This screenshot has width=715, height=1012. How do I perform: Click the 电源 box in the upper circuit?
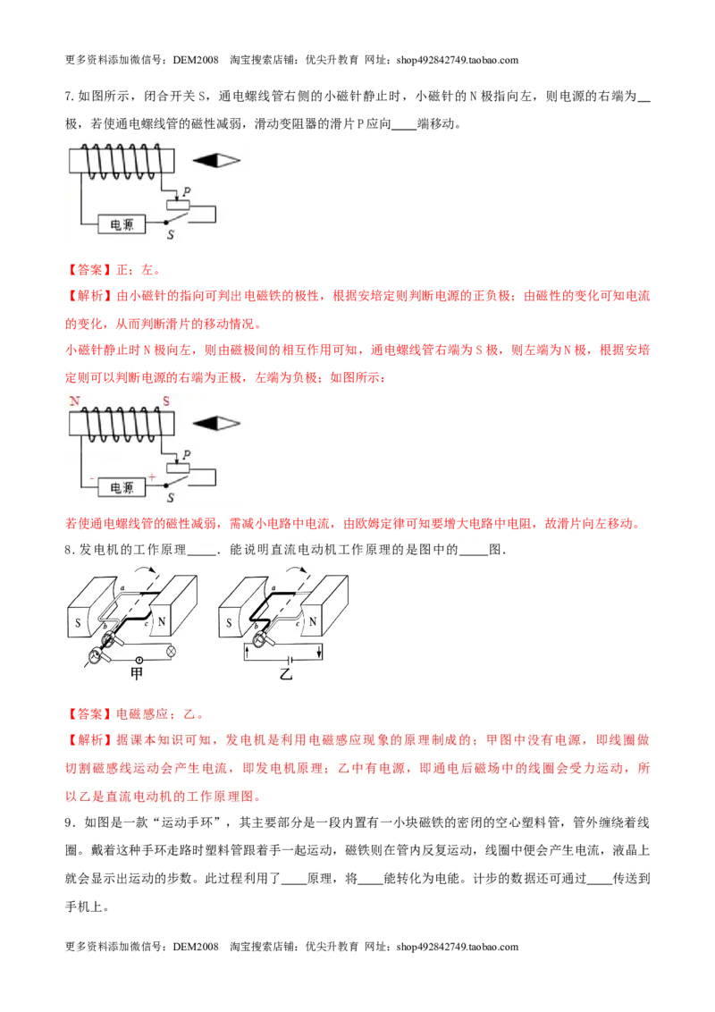coord(122,224)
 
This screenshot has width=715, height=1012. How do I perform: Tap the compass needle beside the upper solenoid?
coord(216,160)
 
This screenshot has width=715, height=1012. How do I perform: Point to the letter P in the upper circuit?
coord(187,191)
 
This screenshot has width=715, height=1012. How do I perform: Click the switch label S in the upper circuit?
coord(171,235)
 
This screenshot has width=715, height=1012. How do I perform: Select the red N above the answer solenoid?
coord(75,401)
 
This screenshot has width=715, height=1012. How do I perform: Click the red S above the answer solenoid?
coord(166,401)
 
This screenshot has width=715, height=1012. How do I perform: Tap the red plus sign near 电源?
coord(152,477)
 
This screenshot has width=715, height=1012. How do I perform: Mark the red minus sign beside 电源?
coord(92,479)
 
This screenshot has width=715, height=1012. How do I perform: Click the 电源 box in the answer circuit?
coord(122,487)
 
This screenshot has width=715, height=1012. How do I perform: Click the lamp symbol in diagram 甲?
coord(172,652)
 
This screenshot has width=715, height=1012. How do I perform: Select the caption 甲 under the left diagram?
coord(136,674)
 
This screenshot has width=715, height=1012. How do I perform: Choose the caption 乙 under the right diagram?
coord(286,674)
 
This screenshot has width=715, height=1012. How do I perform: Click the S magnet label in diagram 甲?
coord(78,623)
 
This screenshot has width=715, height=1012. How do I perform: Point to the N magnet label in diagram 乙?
coord(313,622)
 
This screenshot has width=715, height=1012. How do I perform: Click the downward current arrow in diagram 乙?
coord(319,652)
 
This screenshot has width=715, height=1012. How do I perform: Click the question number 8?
coord(70,550)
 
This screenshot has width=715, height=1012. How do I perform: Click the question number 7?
coord(70,97)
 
